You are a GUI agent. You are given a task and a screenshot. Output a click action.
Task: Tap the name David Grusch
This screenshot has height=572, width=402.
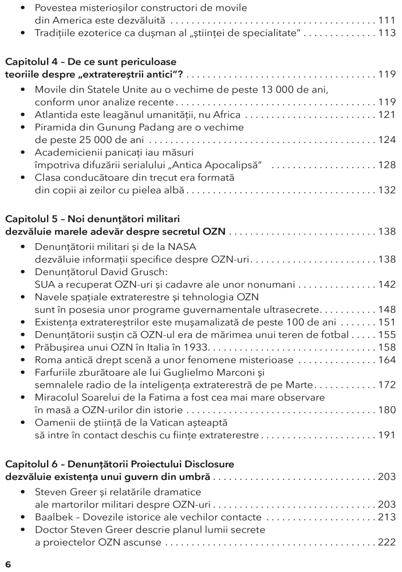127,272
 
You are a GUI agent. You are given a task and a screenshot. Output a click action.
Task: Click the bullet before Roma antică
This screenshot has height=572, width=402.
23,360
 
